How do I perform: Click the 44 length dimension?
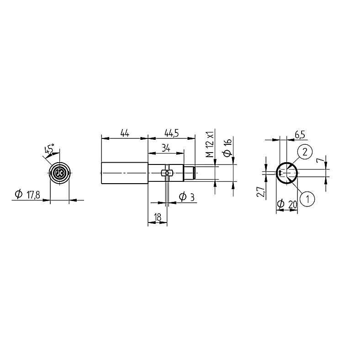coord(125,133)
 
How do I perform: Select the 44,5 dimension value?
coord(171,133)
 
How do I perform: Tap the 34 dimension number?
coord(166,148)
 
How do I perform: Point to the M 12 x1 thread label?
coord(210,144)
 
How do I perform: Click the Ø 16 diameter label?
coord(228,147)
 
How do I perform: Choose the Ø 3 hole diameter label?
coord(187,197)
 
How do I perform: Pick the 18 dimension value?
coord(158,217)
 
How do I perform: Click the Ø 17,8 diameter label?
coord(27,195)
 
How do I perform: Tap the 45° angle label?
coord(49,149)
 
